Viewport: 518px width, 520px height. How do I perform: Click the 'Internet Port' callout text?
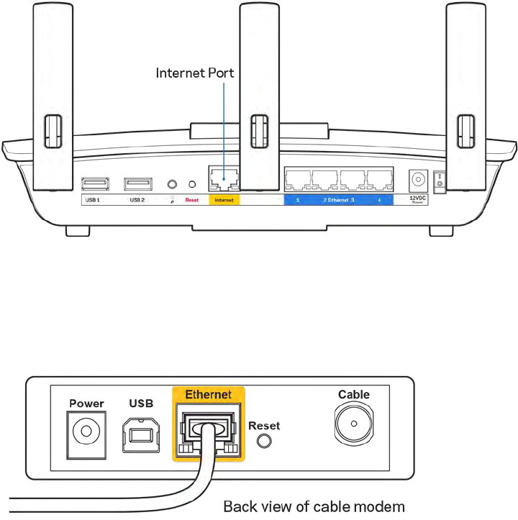click(x=196, y=73)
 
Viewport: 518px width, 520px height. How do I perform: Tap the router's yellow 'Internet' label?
click(x=224, y=199)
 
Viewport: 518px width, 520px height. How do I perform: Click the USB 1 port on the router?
click(x=94, y=183)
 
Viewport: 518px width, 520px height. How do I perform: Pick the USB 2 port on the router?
click(x=136, y=183)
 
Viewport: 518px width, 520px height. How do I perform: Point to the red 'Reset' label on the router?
click(x=191, y=199)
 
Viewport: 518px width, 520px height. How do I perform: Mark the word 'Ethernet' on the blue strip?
click(x=340, y=199)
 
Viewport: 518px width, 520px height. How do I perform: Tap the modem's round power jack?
click(x=86, y=432)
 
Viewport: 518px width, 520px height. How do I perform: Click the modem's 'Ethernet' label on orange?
click(x=208, y=395)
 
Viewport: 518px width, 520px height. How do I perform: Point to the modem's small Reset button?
click(x=263, y=442)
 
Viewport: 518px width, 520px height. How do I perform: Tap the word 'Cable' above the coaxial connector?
click(x=353, y=394)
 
